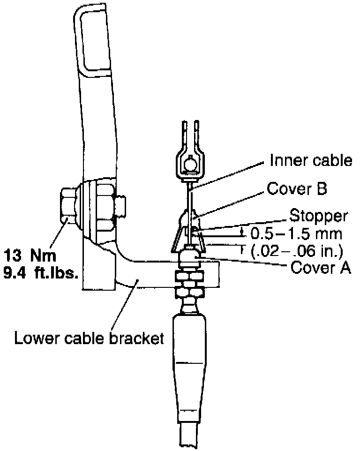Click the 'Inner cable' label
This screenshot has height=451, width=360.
311,161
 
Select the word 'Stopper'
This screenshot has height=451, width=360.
319,216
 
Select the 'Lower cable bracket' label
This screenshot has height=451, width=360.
89,338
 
